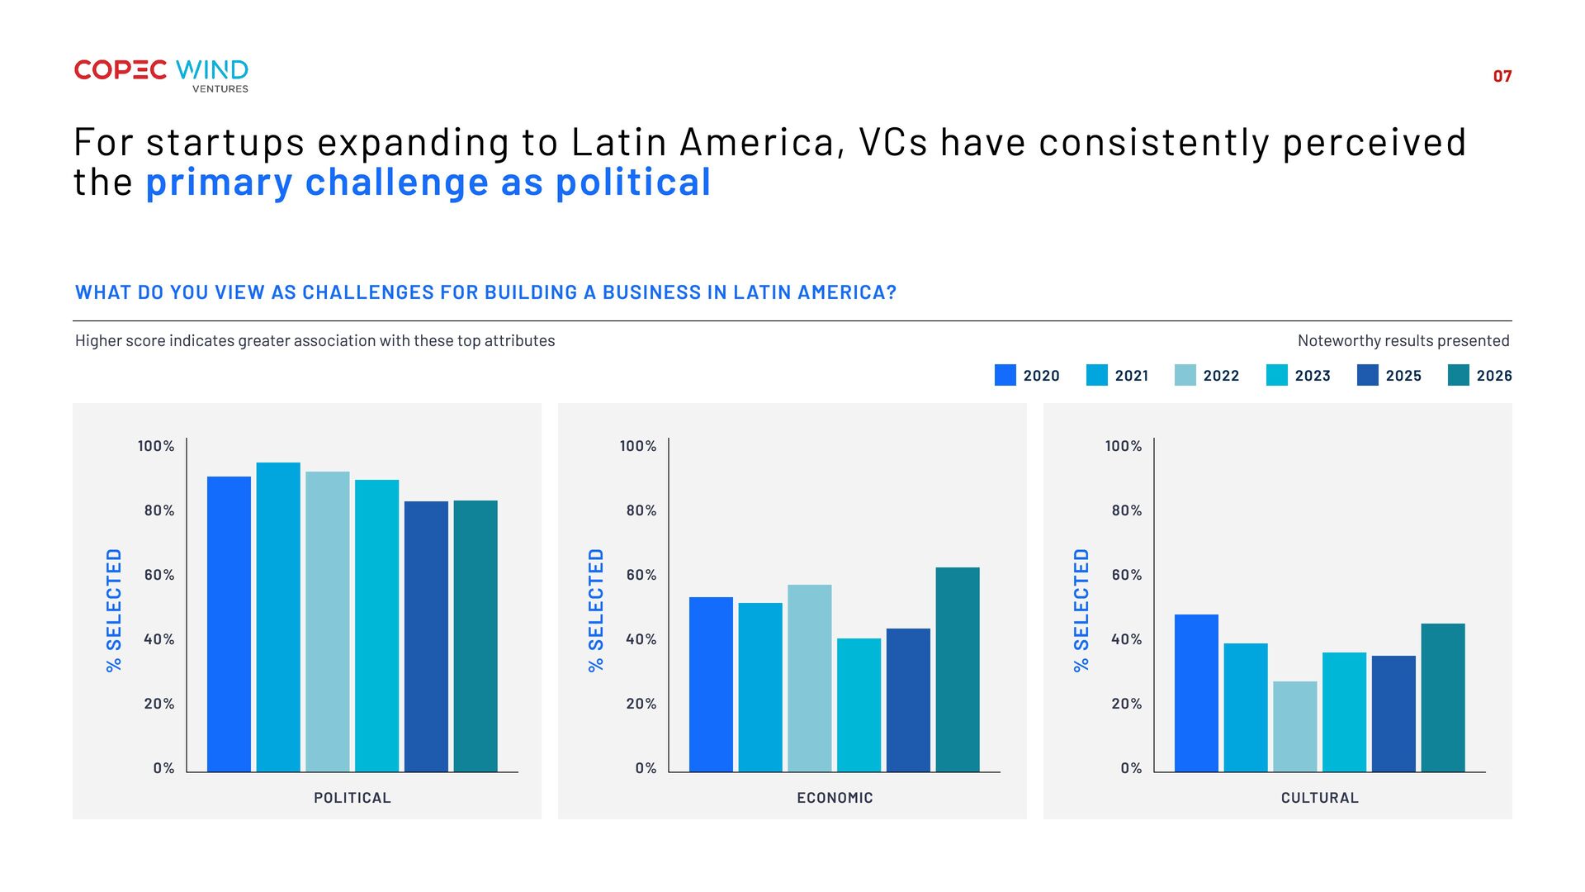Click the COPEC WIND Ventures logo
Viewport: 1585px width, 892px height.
161,75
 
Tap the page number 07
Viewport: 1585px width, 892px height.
1502,76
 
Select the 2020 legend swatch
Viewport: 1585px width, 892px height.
1005,375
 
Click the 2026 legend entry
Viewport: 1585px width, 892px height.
1480,375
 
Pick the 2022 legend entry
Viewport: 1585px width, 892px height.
1207,375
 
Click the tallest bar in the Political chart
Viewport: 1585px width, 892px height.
278,617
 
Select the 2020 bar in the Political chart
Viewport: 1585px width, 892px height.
229,624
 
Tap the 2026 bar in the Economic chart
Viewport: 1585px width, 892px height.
958,670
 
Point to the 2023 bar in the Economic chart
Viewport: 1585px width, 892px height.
859,705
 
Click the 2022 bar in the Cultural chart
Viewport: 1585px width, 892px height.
1295,727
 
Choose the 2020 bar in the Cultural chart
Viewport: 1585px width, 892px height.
1196,693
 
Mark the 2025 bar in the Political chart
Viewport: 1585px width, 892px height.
426,637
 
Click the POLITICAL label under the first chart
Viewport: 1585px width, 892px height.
352,798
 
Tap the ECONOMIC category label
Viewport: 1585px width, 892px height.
835,798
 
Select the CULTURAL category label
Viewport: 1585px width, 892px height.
1320,798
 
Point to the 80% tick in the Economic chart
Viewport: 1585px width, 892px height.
641,510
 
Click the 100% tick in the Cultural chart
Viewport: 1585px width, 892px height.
1124,446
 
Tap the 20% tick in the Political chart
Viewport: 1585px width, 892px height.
159,704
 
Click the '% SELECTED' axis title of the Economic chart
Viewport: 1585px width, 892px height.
596,610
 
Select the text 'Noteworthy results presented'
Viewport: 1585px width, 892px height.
1403,340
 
